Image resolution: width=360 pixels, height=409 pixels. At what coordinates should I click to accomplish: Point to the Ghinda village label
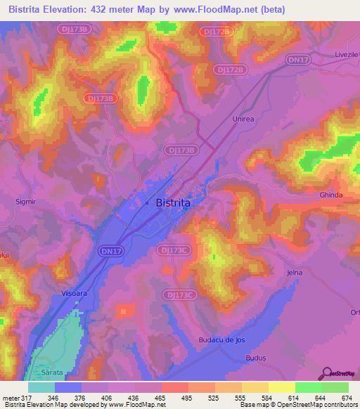(330, 195)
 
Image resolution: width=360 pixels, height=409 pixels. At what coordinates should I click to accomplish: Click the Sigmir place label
(25, 201)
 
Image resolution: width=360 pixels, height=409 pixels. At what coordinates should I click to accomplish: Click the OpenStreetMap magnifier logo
(326, 372)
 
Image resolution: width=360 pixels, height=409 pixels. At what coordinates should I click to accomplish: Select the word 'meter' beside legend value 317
(11, 398)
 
